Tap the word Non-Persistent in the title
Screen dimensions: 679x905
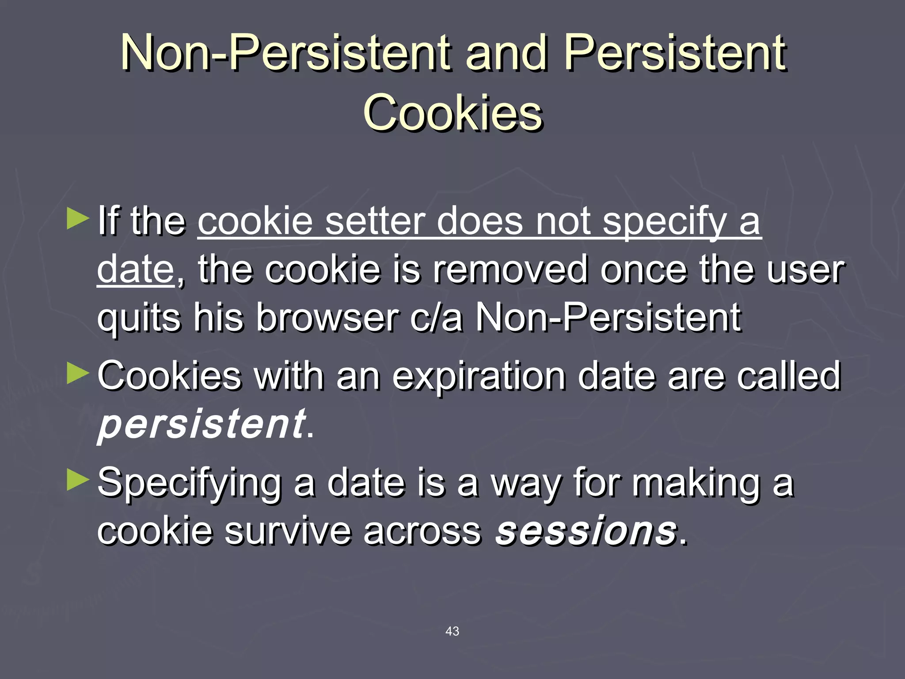(285, 53)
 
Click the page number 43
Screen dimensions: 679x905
(452, 631)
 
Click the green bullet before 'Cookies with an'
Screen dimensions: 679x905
(78, 374)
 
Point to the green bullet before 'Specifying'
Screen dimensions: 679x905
(78, 481)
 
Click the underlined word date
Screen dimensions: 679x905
(136, 269)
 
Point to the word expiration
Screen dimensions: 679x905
(479, 376)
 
